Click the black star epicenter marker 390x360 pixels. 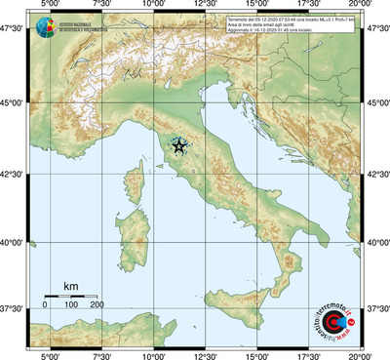click(x=178, y=146)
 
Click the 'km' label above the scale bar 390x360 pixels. click(x=70, y=285)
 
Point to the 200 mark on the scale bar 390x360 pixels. click(x=97, y=305)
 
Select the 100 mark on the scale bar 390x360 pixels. click(x=71, y=305)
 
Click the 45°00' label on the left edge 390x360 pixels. click(x=14, y=105)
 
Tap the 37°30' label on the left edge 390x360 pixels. click(x=14, y=308)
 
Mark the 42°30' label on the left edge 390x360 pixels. click(x=14, y=175)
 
